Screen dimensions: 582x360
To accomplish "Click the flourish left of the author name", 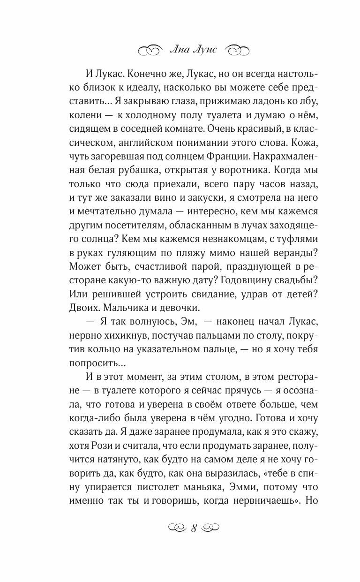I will point(150,49).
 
